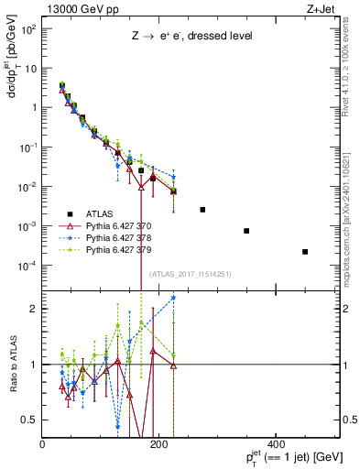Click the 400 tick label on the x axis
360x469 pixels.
click(277, 444)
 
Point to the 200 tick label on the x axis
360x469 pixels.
click(159, 444)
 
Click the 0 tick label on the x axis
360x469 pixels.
click(43, 444)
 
